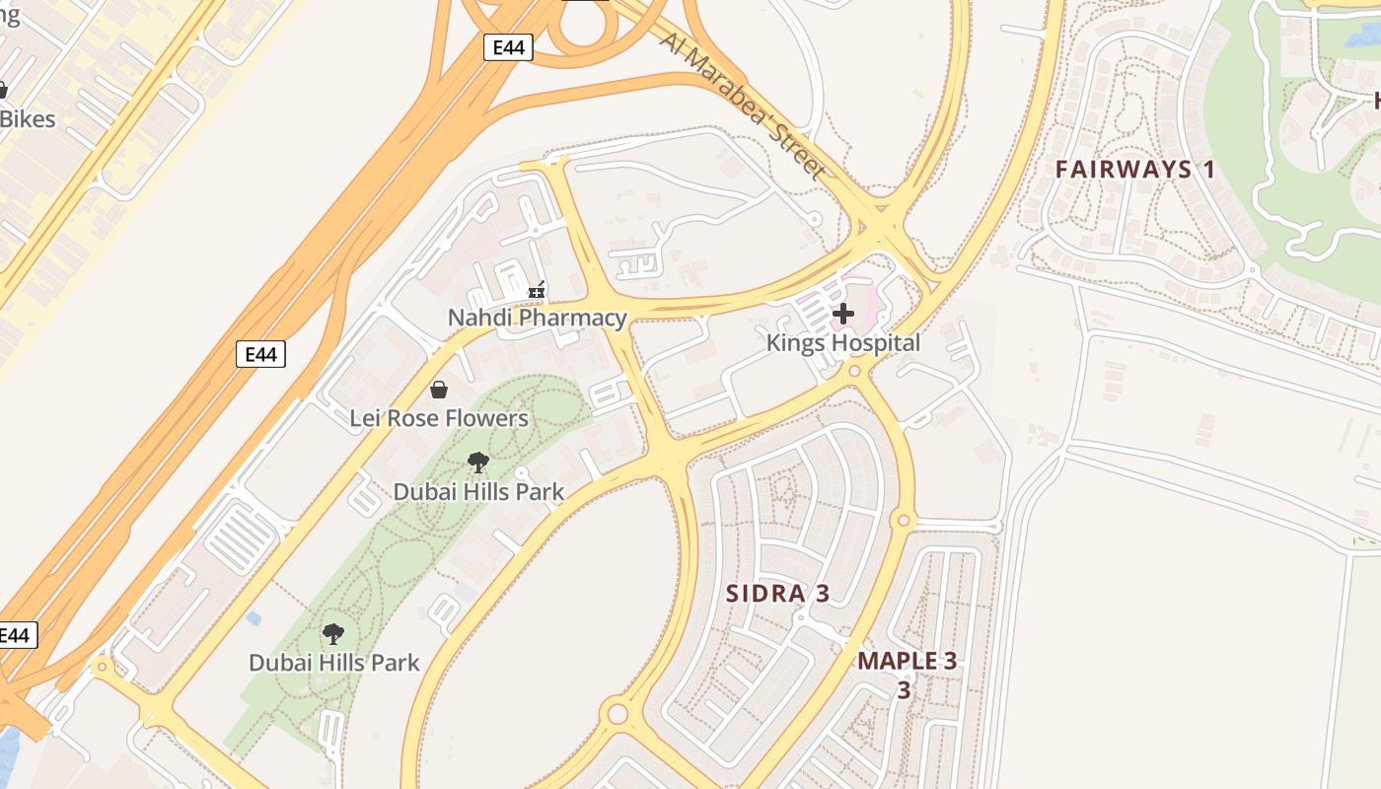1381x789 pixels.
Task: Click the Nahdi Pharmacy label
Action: (x=537, y=318)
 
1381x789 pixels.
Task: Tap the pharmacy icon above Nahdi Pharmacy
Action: (x=537, y=291)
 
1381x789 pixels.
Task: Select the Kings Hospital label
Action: (x=843, y=343)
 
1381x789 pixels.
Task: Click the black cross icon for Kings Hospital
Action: (x=843, y=315)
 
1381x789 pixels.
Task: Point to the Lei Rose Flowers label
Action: (x=439, y=418)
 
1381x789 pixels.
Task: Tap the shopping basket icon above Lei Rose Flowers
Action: (x=439, y=390)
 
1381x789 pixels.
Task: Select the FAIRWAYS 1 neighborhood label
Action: (x=1135, y=170)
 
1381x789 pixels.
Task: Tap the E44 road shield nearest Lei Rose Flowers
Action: (x=260, y=354)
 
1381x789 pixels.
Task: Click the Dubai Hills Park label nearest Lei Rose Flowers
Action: (x=478, y=491)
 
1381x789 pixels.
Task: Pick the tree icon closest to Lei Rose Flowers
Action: (x=478, y=462)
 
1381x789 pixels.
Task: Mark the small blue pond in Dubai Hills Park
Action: (x=254, y=618)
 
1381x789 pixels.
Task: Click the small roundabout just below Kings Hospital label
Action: (x=854, y=372)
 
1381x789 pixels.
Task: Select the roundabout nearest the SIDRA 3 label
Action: (x=903, y=520)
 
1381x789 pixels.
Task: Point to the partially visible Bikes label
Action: (x=28, y=119)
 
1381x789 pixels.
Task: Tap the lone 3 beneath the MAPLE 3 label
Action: (x=904, y=689)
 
